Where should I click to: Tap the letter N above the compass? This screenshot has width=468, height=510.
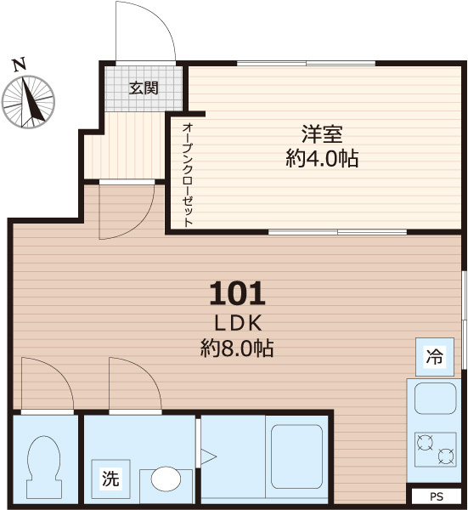(x=19, y=63)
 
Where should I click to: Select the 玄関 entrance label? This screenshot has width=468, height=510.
(x=144, y=88)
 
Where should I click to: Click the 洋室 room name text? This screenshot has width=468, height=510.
(x=322, y=134)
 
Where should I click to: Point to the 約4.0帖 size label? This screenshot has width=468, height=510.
(x=322, y=158)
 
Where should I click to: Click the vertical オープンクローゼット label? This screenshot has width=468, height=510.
(x=187, y=173)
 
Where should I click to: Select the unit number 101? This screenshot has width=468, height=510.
(x=238, y=294)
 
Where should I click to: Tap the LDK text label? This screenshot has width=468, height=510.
(x=237, y=323)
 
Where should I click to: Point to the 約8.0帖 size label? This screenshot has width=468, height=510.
(x=237, y=348)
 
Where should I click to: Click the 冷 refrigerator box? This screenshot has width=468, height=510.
(x=434, y=357)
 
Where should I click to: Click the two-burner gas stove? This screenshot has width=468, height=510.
(x=434, y=448)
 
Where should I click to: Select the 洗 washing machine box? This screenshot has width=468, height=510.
(x=110, y=478)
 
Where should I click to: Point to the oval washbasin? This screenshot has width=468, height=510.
(x=165, y=479)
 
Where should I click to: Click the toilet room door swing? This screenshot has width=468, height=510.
(x=47, y=383)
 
